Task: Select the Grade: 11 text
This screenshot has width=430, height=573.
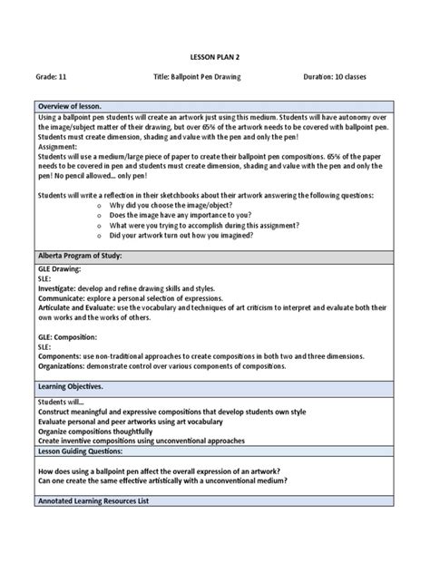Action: pyautogui.click(x=53, y=76)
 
